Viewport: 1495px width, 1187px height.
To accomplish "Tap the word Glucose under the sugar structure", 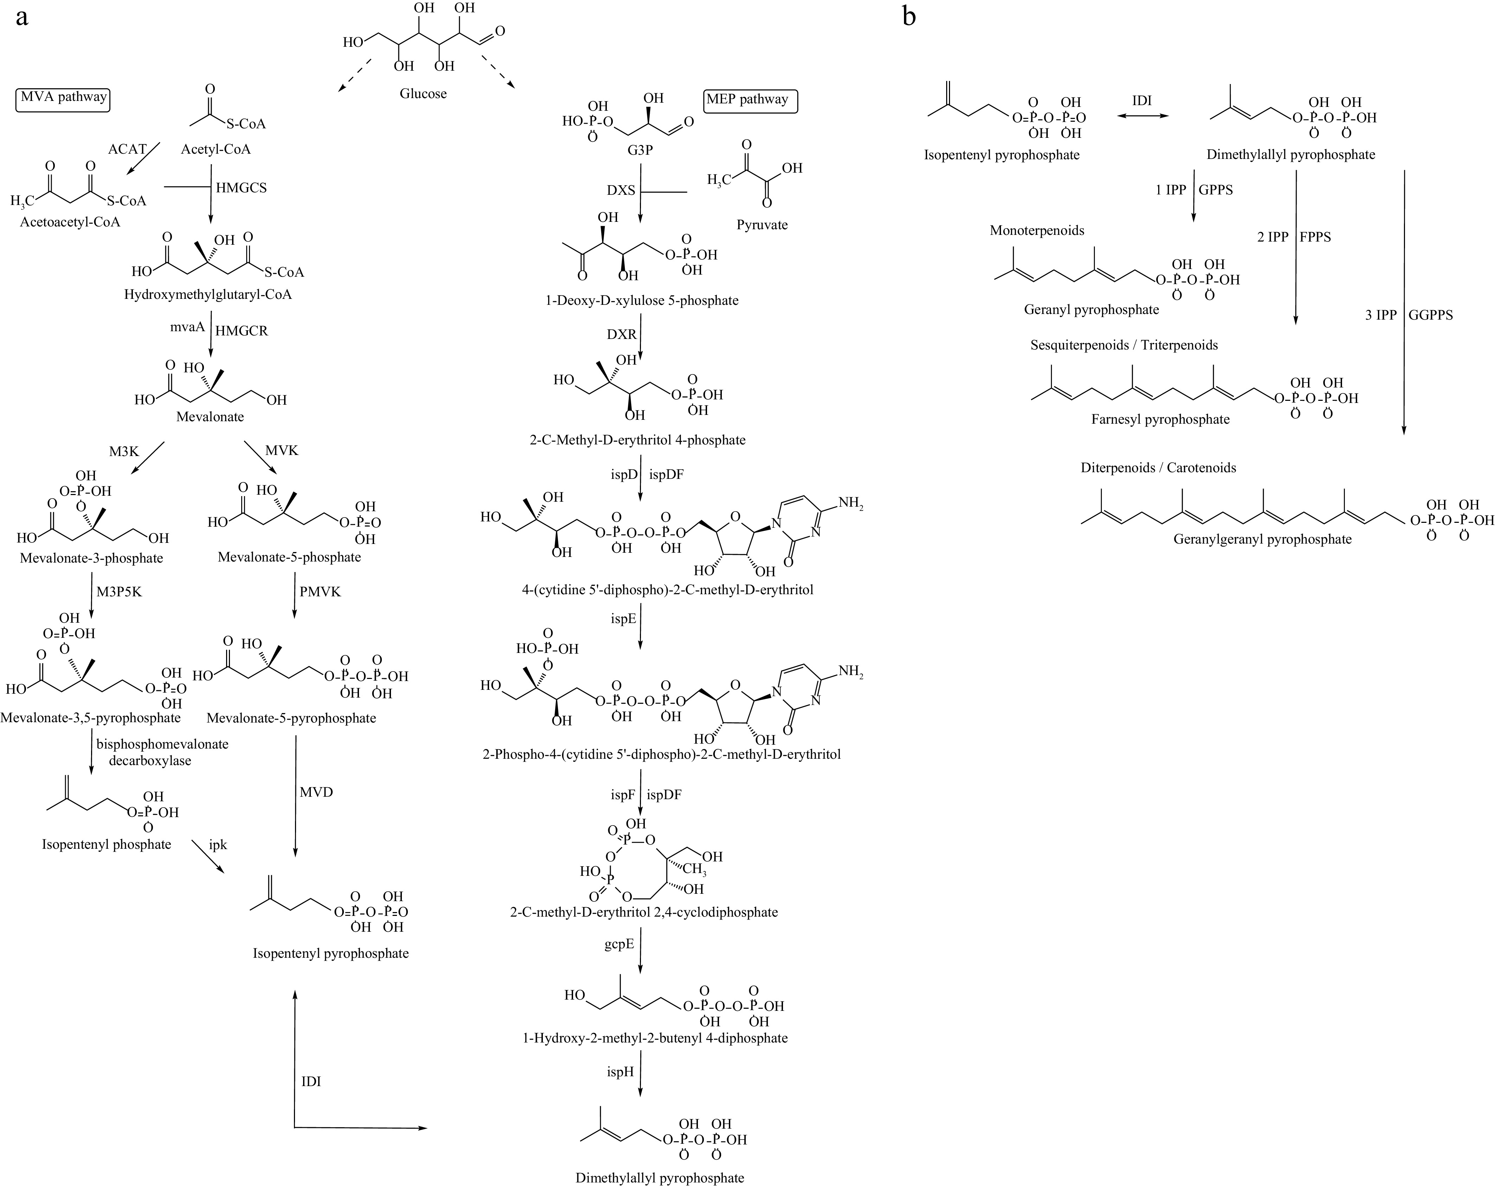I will (x=423, y=94).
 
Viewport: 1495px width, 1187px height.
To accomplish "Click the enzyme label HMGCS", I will (x=240, y=188).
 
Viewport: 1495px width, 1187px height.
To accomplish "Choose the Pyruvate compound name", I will (x=762, y=225).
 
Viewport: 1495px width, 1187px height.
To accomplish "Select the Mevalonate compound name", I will (x=210, y=417).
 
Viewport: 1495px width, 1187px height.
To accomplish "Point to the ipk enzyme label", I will (x=218, y=845).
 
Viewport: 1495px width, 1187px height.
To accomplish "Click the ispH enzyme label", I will (x=621, y=1072).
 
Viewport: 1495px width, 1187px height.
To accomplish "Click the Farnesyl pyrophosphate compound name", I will (x=1160, y=419).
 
